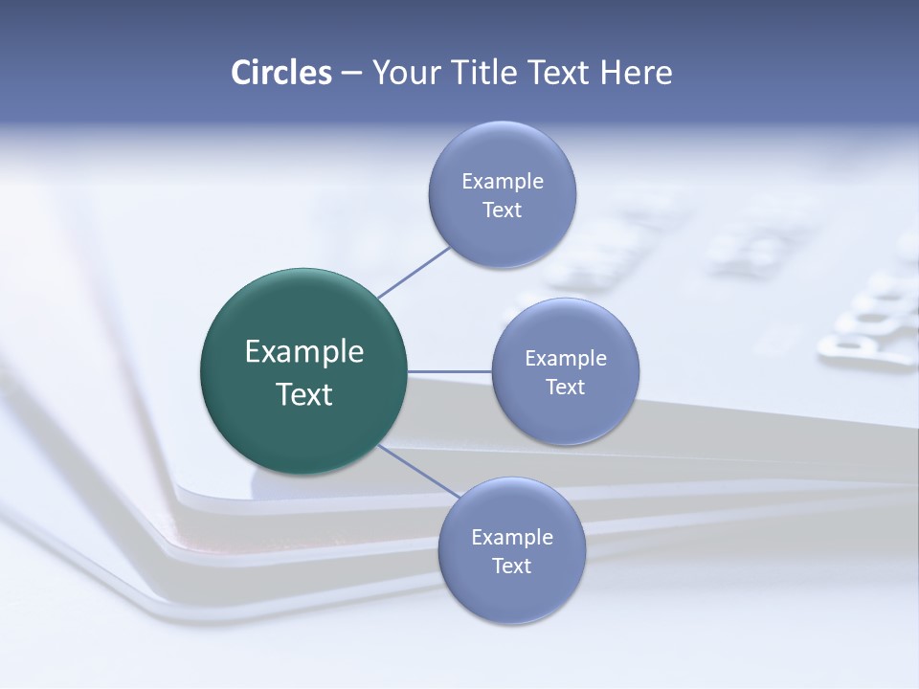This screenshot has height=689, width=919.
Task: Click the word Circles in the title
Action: [x=280, y=73]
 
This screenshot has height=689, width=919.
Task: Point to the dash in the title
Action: [x=351, y=74]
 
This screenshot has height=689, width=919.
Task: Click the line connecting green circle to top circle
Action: [x=415, y=272]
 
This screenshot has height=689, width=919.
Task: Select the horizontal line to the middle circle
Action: [x=450, y=371]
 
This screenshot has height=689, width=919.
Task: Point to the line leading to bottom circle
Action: [x=418, y=470]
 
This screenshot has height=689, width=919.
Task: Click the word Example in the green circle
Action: [x=304, y=352]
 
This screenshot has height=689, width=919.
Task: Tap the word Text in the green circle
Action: [x=304, y=394]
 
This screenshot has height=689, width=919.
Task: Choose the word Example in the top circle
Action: [x=503, y=181]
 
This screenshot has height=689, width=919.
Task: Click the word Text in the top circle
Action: [x=503, y=210]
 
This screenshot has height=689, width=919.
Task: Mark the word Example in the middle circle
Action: [x=566, y=358]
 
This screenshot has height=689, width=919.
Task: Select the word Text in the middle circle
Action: [x=566, y=387]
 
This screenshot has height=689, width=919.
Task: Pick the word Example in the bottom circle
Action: [x=512, y=537]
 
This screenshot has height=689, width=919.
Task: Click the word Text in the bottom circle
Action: [x=512, y=566]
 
